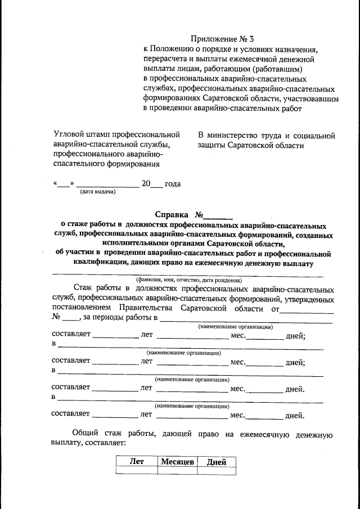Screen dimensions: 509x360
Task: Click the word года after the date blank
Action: point(173,183)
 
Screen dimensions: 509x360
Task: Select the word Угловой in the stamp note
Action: point(68,136)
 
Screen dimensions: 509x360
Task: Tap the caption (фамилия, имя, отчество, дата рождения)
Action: point(188,280)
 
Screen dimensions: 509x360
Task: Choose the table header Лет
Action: point(137,462)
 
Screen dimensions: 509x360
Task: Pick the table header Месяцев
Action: point(177,462)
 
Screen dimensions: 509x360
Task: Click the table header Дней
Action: point(217,462)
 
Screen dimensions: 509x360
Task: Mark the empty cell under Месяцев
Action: point(177,472)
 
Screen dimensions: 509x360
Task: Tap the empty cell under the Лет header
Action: point(137,472)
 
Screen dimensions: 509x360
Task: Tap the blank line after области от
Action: point(307,310)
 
